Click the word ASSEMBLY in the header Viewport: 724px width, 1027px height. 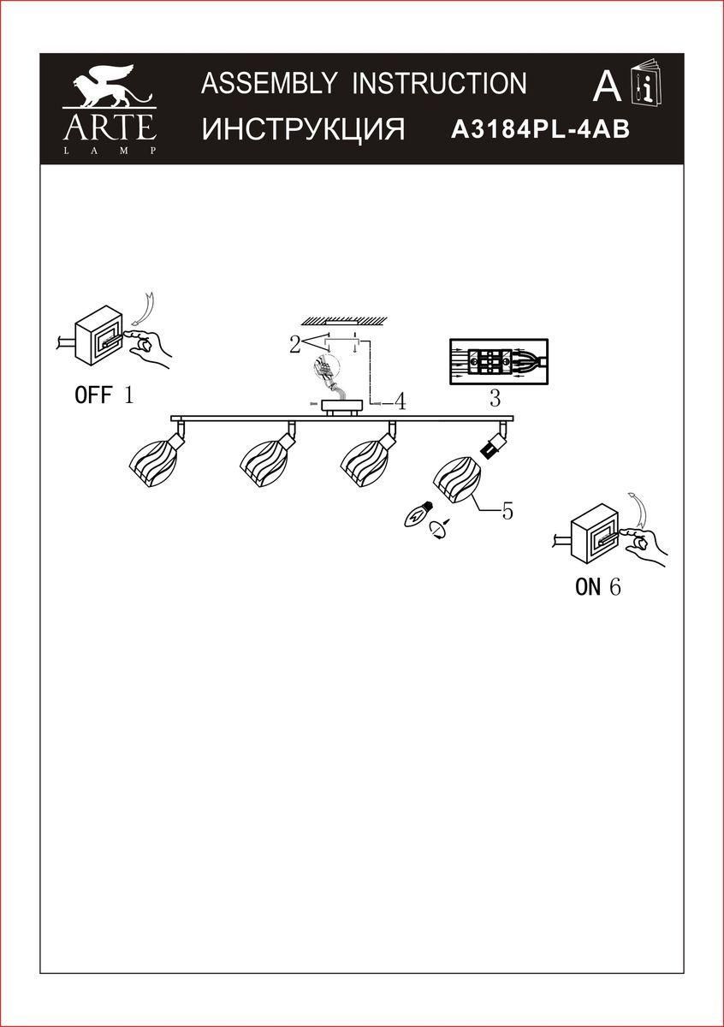pos(269,83)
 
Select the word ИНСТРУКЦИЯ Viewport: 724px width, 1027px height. pos(303,129)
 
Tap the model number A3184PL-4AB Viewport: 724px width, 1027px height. pos(540,130)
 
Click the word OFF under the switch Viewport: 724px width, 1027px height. pos(93,395)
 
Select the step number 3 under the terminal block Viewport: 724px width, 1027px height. pos(495,399)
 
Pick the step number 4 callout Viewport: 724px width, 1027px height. pos(400,402)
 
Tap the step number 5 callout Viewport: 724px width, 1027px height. pos(507,511)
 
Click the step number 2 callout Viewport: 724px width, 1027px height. pos(295,345)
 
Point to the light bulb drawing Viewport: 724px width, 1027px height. pos(419,515)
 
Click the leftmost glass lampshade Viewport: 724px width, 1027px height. pos(152,463)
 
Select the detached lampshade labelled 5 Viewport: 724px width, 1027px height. pos(456,480)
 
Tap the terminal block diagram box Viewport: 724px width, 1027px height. pos(499,362)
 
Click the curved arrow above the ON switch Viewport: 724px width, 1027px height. pos(638,509)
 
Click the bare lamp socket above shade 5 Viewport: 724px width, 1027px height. pos(493,445)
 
